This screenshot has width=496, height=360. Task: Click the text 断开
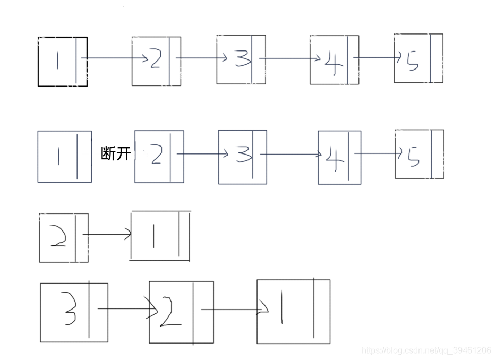coord(116,154)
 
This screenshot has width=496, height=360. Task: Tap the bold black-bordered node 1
coord(62,61)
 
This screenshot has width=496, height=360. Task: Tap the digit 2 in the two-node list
coord(58,237)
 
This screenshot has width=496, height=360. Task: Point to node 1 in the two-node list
coord(160,236)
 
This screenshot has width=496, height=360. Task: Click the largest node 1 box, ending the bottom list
coord(293,311)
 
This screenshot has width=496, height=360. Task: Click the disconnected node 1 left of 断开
coord(64,156)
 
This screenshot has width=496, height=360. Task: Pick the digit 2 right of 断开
coord(156,155)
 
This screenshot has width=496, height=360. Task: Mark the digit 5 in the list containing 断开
coord(413,156)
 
